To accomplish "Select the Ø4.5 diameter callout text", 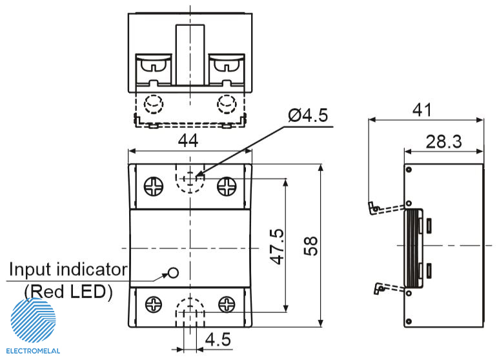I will [x=308, y=115].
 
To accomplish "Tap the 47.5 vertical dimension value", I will [x=277, y=246].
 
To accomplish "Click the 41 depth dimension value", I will [x=422, y=110].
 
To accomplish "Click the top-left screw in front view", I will [x=154, y=186].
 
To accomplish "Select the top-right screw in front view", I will [x=227, y=186].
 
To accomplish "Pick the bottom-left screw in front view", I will [x=154, y=303].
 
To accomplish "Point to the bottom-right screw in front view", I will [x=227, y=303].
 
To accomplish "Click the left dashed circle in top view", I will [x=154, y=103].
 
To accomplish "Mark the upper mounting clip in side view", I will [x=376, y=207].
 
